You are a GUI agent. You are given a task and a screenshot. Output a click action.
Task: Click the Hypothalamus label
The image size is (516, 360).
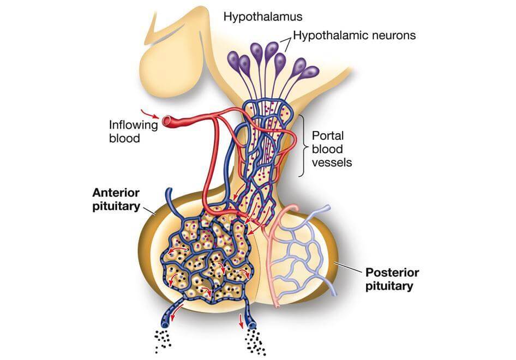pos(262,16)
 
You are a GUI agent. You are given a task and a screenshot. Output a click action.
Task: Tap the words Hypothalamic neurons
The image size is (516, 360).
pos(355,35)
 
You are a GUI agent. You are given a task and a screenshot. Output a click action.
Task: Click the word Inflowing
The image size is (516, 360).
pos(133,125)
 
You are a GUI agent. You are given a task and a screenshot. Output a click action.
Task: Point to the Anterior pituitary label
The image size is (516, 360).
pos(116,200)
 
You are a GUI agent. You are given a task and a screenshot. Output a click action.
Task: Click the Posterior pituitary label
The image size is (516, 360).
pos(392,279)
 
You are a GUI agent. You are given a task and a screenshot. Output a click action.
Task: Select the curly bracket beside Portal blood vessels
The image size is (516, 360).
pos(302,146)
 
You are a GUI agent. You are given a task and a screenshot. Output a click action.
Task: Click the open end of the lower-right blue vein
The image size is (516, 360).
pos(252,326)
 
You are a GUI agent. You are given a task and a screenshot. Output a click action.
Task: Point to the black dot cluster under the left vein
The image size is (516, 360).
pos(163,340)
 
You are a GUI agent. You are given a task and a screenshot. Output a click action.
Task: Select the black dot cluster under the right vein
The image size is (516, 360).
pos(256,343)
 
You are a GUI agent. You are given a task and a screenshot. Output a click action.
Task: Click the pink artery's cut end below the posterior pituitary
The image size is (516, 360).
pos(278,305)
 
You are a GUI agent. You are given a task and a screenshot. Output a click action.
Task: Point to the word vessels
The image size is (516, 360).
pos(332,162)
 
